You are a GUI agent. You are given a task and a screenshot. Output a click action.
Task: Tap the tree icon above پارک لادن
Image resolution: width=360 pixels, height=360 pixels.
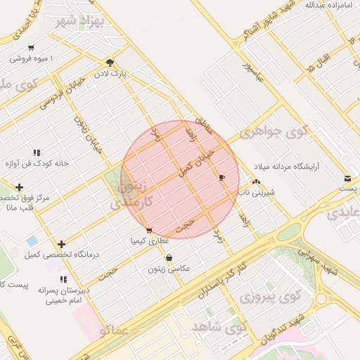tap(109, 62)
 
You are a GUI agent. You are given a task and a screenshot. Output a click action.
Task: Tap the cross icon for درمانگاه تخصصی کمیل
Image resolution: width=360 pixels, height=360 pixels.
tap(62, 244)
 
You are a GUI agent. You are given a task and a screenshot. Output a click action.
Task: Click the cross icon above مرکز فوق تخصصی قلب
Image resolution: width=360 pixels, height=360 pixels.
tap(19, 188)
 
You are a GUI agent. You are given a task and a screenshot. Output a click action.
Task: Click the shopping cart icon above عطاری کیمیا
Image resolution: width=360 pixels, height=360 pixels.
tap(148, 230)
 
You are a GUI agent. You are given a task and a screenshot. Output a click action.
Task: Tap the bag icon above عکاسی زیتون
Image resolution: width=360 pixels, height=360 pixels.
tap(168, 258)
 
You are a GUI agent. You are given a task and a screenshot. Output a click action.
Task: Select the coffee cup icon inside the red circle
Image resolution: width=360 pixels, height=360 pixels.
tap(222, 177)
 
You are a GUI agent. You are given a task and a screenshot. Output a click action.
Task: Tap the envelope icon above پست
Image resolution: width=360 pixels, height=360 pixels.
tap(348, 179)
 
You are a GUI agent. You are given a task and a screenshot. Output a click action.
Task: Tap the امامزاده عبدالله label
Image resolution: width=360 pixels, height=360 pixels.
tap(328, 5)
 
